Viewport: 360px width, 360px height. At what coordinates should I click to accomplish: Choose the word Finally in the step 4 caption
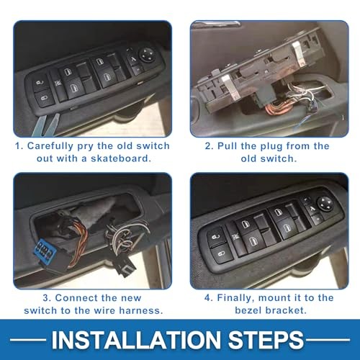tap(237, 297)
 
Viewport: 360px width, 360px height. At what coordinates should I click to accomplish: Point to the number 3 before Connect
tap(27, 297)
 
